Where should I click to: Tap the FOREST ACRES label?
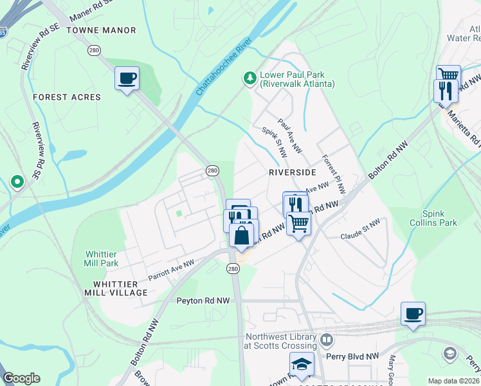67,97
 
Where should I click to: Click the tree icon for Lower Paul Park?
250,78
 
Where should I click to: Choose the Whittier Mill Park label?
102,259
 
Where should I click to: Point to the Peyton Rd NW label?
203,300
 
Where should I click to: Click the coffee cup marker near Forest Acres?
127,78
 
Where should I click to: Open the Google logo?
21,378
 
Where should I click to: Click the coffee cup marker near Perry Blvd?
413,314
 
